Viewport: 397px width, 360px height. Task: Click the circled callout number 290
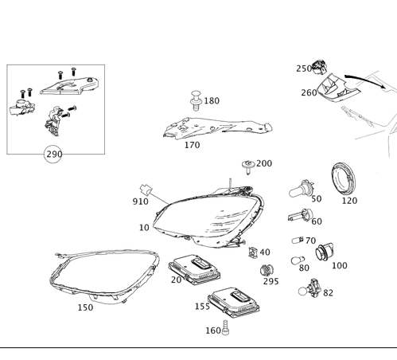[53, 153]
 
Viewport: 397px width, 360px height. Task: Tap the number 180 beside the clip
[212, 101]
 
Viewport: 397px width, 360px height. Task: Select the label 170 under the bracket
[192, 145]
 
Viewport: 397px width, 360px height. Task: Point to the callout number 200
[263, 163]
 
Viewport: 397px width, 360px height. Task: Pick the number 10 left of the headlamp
[144, 228]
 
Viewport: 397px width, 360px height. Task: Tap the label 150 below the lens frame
[84, 307]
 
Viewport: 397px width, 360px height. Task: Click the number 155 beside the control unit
[203, 305]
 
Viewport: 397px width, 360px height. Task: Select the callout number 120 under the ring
[349, 202]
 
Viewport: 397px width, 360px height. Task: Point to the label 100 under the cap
[340, 265]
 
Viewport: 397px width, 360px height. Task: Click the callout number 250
[304, 69]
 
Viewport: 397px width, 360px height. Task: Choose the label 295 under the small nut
[271, 281]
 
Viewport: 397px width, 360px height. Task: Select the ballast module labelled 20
[195, 265]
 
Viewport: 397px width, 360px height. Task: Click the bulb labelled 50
[301, 190]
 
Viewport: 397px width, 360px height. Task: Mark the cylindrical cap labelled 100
[323, 252]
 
